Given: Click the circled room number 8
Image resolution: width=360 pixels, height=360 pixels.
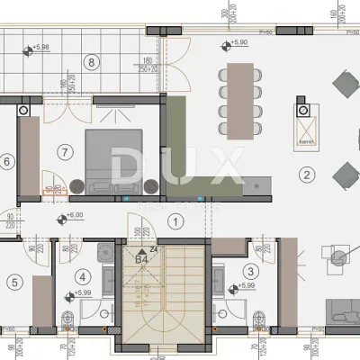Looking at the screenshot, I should [90, 62].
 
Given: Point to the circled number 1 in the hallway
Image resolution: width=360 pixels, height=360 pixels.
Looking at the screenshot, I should [176, 219].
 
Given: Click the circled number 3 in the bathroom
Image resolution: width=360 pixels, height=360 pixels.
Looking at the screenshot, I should [251, 269].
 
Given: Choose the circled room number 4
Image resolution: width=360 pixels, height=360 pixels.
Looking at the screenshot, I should [84, 277].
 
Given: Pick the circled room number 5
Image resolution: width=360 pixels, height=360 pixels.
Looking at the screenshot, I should [13, 281].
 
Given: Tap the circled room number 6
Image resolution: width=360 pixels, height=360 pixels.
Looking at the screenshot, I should [7, 162].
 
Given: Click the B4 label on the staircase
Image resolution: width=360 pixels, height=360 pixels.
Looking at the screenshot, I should [141, 259].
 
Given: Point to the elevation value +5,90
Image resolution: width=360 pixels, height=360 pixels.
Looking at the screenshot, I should [238, 42].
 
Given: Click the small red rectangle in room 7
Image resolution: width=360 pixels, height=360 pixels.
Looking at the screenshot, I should [49, 190].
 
